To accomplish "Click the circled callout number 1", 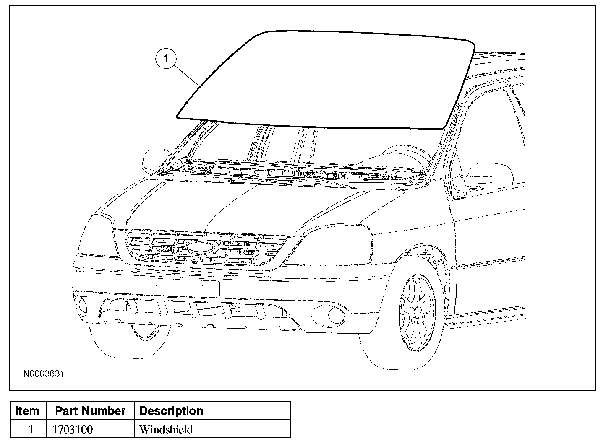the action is (166, 59).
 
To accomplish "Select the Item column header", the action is (28, 411).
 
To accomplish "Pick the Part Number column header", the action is (90, 411).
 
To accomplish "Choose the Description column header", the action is (171, 411).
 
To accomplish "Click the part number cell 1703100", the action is (73, 430).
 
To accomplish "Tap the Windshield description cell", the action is (166, 430).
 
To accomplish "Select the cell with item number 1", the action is (30, 430).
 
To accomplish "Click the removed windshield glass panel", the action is (323, 78).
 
